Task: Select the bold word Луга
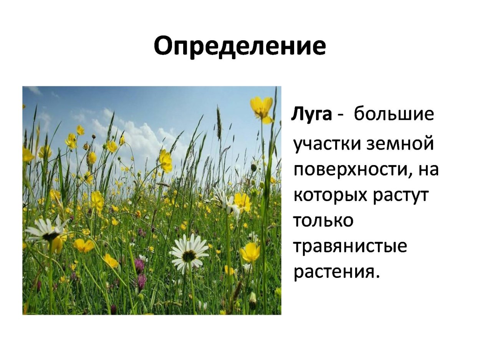tap(311, 114)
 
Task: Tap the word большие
tap(394, 114)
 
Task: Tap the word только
tap(323, 221)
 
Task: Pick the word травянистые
tap(350, 246)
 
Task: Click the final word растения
tap(336, 272)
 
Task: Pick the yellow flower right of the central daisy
tap(250, 252)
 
